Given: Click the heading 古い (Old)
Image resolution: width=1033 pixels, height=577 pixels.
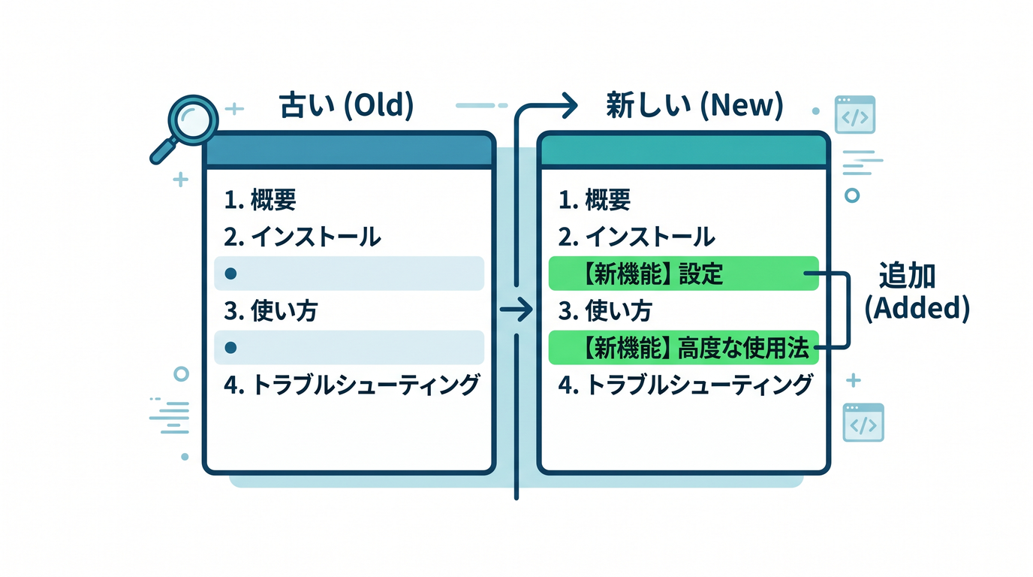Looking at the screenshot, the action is (346, 105).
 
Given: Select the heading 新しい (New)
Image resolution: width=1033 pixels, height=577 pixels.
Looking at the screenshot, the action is (694, 105).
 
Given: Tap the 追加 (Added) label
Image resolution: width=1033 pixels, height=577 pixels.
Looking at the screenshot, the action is (917, 292).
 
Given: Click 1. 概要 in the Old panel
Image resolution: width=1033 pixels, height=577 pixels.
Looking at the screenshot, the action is (260, 200).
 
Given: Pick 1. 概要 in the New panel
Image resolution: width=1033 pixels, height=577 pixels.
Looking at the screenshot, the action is (595, 200).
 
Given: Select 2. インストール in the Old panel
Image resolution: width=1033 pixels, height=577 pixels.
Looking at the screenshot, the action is (303, 237).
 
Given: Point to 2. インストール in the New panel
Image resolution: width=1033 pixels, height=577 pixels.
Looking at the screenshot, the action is (637, 237).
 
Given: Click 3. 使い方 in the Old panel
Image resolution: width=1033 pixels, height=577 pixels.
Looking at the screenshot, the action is (271, 310).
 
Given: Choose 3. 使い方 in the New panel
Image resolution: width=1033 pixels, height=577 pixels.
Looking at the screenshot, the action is (605, 310).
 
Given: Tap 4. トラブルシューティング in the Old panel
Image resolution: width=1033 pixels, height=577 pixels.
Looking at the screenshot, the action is (351, 385).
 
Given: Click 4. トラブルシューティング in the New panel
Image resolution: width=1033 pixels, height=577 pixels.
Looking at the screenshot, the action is (685, 385).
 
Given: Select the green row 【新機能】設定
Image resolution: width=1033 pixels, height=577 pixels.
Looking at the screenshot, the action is (683, 273).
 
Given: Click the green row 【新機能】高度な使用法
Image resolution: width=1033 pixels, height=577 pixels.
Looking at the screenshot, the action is (683, 348).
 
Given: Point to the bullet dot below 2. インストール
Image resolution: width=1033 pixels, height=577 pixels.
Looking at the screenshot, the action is (230, 273).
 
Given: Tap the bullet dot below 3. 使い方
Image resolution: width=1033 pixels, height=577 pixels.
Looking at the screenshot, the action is (230, 348).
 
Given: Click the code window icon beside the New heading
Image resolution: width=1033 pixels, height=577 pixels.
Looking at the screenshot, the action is (855, 114).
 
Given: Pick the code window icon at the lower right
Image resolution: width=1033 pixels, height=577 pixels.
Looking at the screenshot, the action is (863, 422).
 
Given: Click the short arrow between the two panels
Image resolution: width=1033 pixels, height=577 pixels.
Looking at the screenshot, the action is (516, 310).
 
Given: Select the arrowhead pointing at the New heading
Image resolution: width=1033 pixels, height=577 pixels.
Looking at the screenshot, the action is (571, 105).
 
